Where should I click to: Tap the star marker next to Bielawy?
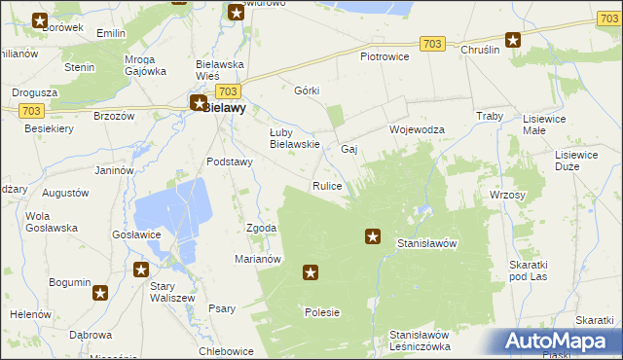point(198,102)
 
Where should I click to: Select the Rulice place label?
point(326,186)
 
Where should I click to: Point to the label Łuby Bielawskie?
point(295,138)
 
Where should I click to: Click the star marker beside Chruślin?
point(513,41)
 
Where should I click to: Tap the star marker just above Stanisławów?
point(373,234)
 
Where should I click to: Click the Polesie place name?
point(321,312)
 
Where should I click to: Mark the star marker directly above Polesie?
point(311,273)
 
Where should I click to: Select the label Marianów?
point(258,259)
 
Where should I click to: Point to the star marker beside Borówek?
point(40,20)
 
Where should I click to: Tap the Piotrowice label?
point(385,56)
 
